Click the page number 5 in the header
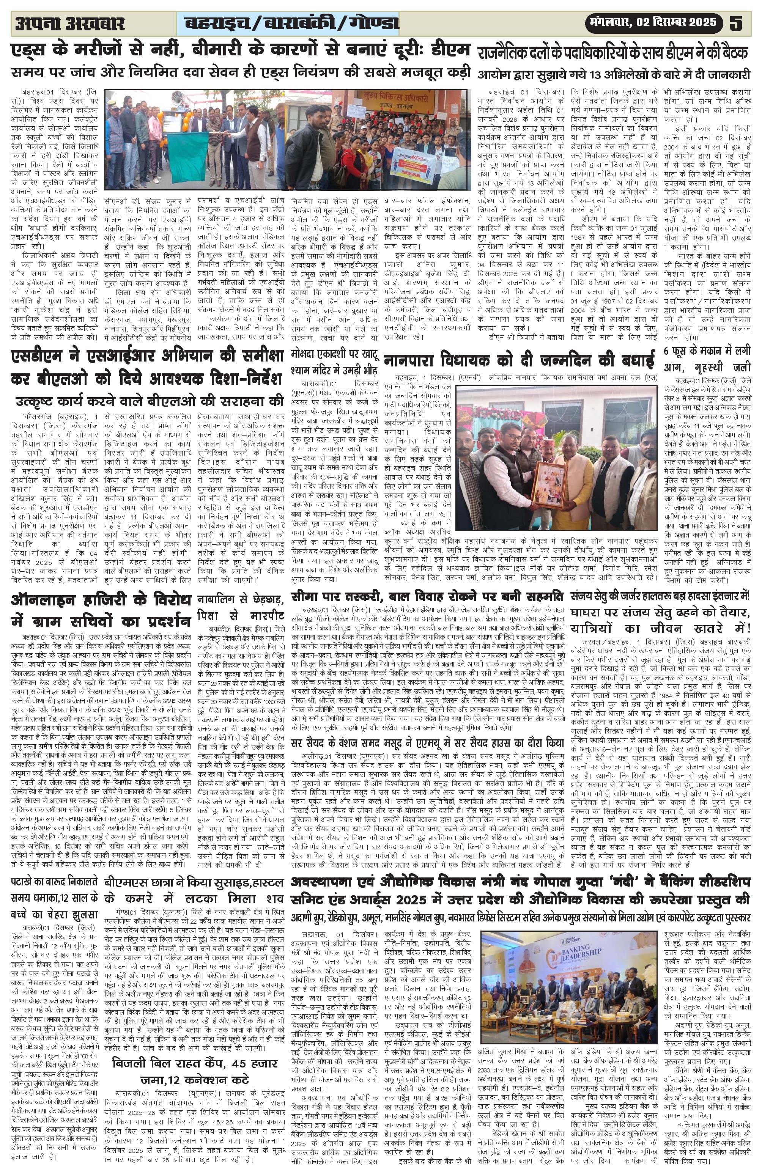point(736,23)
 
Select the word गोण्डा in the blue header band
point(375,23)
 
